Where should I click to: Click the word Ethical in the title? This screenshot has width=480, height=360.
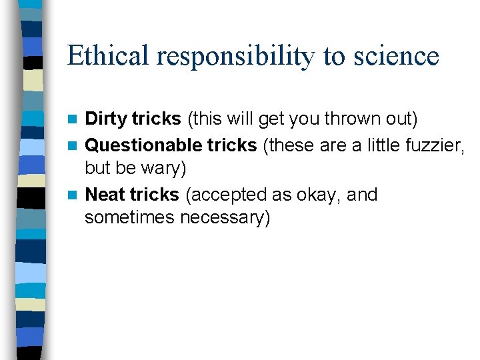pyautogui.click(x=108, y=56)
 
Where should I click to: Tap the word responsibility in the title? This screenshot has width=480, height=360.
pyautogui.click(x=236, y=56)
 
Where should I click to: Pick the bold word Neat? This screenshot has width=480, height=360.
pyautogui.click(x=105, y=195)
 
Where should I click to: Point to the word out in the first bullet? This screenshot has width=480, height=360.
pyautogui.click(x=401, y=119)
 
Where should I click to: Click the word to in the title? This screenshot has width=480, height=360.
pyautogui.click(x=334, y=56)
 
